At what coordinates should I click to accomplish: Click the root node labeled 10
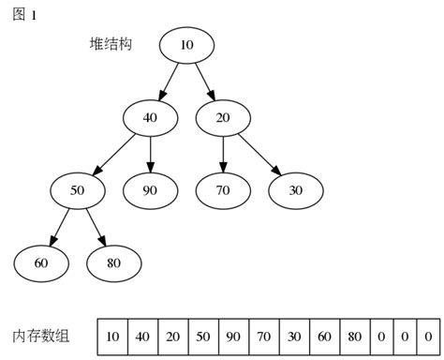coord(186,45)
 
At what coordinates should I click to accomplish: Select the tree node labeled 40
coord(150,117)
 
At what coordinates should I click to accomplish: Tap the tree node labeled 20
coord(223,117)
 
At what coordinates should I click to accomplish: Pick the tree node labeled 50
coord(78,190)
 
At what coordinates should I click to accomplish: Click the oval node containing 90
coord(150,190)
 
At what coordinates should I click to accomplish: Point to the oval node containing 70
coord(223,190)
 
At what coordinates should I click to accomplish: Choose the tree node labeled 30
coord(296,190)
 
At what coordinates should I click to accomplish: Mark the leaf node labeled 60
coord(41,263)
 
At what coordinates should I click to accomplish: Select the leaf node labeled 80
coord(114,263)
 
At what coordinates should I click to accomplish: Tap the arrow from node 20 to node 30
coord(259,154)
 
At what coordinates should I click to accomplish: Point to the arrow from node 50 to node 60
coord(59,227)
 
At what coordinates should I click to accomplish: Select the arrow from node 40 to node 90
coord(150,154)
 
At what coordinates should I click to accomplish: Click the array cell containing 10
coord(112,336)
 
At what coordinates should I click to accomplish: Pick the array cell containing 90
coord(233,336)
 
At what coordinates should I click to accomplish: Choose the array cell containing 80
coord(353,336)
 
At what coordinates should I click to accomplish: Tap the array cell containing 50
coord(203,336)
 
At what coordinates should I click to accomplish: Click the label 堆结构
coord(111,44)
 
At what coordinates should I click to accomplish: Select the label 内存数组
coord(44,336)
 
